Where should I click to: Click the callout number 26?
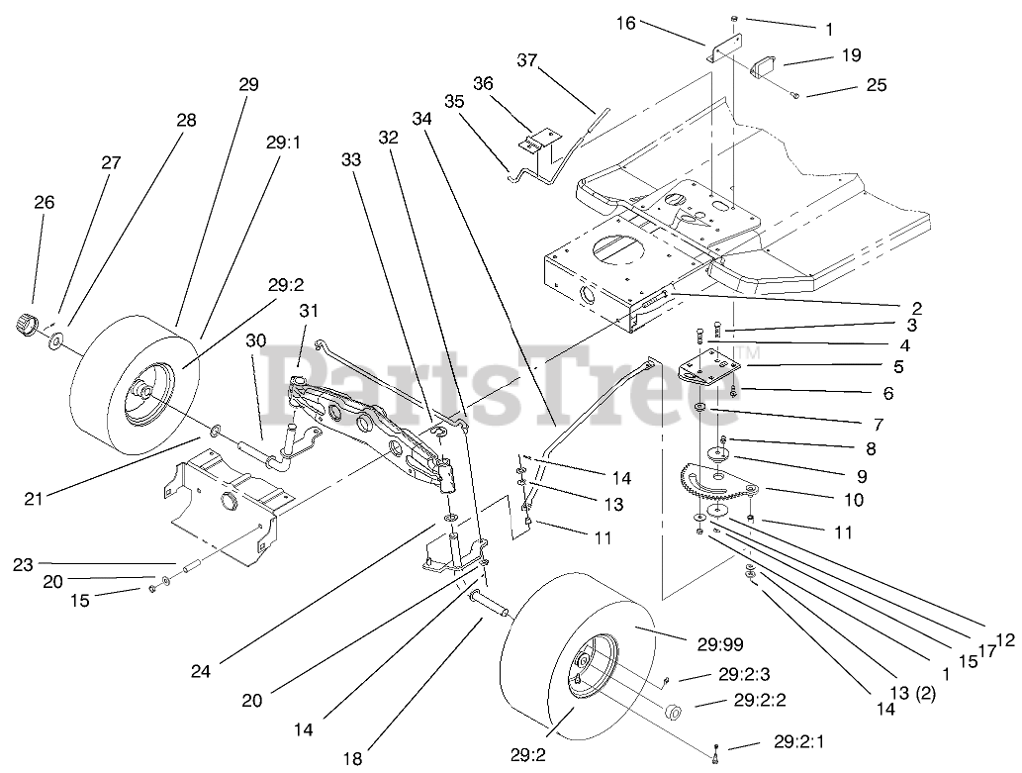[44, 202]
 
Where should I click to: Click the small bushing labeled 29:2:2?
[674, 712]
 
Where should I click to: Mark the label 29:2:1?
[801, 740]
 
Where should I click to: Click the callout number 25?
[876, 87]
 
